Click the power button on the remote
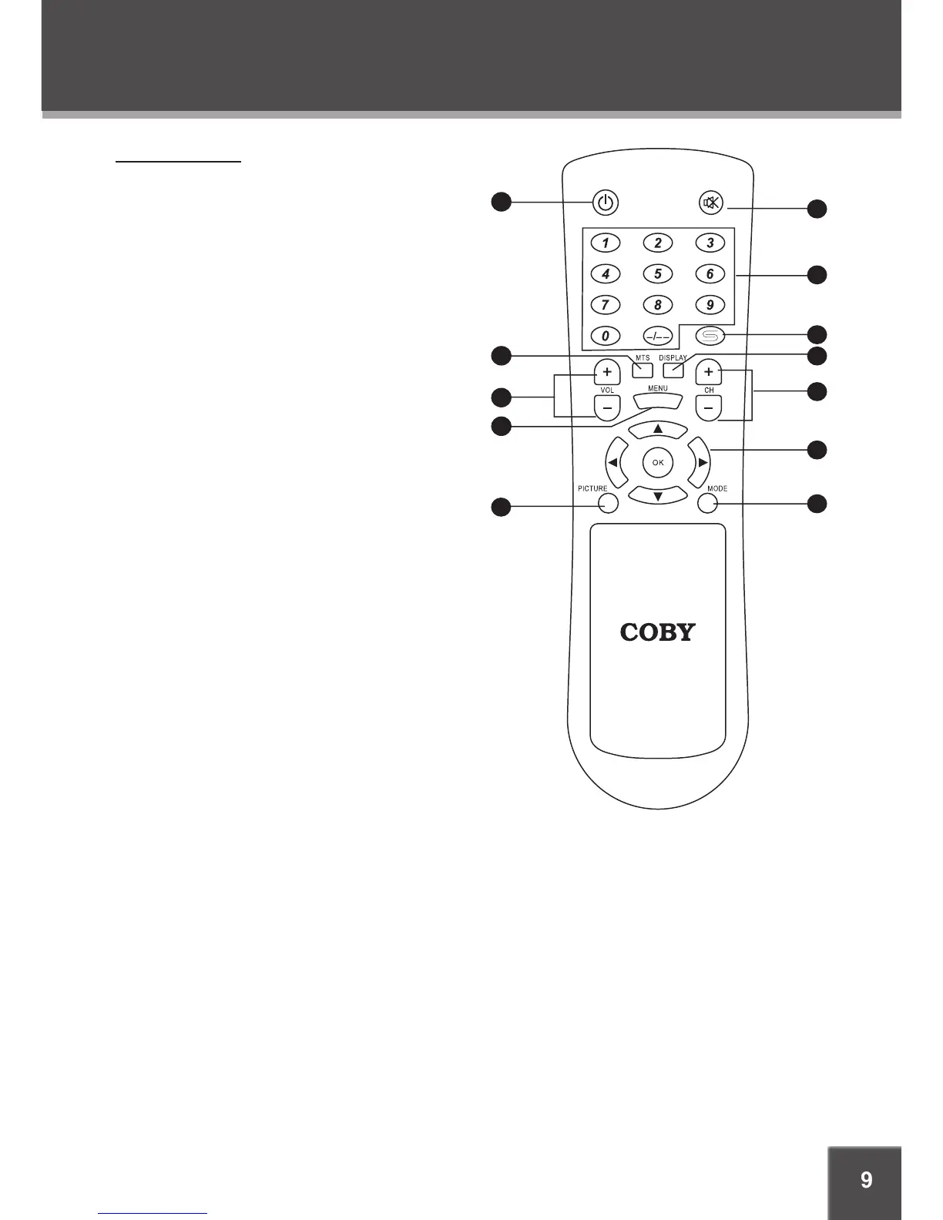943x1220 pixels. pos(606,203)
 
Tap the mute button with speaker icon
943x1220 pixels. pos(711,203)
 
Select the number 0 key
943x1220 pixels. pos(606,336)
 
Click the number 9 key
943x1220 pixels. pos(710,305)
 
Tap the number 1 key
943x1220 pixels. pos(606,243)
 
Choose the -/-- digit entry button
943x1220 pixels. pos(657,336)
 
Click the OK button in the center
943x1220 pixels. pos(658,462)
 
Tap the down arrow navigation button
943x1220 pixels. pos(658,495)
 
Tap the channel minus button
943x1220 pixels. pos(709,406)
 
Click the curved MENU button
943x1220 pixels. pos(658,401)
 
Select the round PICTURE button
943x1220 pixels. pos(608,503)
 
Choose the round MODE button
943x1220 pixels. pos(708,503)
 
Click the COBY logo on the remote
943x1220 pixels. pos(658,632)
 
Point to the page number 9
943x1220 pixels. pos(866,1180)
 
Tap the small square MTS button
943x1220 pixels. pos(643,370)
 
